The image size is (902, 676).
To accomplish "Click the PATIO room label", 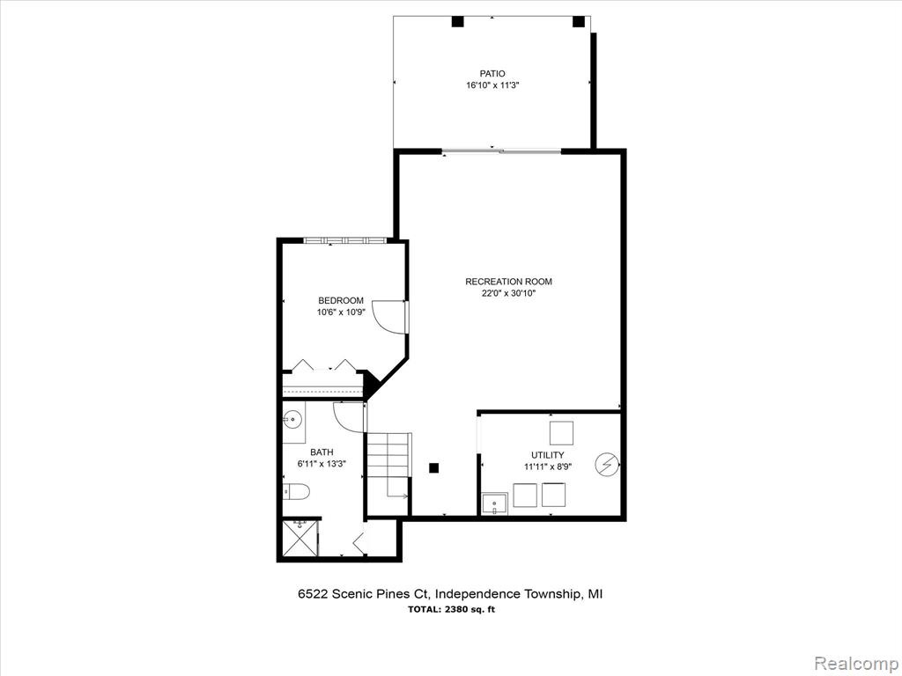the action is [x=492, y=74].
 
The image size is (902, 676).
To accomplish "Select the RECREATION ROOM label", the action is [x=508, y=282].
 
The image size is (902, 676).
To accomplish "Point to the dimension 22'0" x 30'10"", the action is [x=508, y=293].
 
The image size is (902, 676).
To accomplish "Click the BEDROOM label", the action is [x=341, y=301].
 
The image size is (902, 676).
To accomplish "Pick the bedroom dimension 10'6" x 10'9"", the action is [x=341, y=312].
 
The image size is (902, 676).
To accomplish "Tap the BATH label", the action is [x=322, y=452].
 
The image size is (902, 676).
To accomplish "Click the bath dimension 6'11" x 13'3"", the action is [x=322, y=464].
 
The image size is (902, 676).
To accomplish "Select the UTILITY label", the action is [x=548, y=455].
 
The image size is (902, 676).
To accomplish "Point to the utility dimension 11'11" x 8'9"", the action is [x=548, y=467].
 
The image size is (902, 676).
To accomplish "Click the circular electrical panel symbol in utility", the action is [x=607, y=465].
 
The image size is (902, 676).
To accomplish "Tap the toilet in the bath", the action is [x=296, y=492].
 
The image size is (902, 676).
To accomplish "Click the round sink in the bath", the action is [x=292, y=420].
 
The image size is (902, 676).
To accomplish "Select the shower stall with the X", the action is [x=299, y=539].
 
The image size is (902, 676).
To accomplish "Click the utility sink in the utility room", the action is [x=495, y=504].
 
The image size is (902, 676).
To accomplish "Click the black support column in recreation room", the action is [x=434, y=468].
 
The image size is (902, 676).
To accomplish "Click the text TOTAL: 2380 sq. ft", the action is [x=451, y=610].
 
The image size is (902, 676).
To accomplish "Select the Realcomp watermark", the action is [x=855, y=663].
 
